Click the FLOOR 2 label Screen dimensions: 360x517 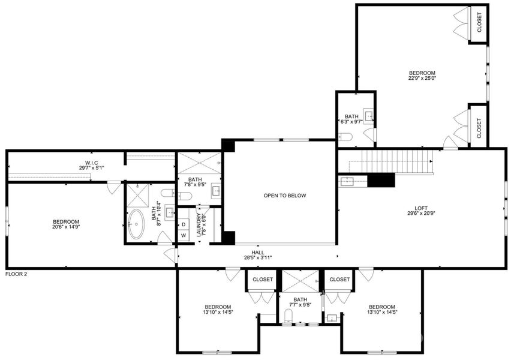click(16, 274)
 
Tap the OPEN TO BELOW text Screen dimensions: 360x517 click(285, 196)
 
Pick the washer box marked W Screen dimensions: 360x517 click(184, 235)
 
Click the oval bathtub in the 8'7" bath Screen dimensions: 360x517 click(137, 224)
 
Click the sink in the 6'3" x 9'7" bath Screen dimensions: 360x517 click(368, 116)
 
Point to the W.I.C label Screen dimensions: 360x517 click(91, 163)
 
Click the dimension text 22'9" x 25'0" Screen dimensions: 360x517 click(422, 77)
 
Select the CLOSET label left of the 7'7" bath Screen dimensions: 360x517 click(263, 280)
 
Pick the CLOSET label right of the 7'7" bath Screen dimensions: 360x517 click(339, 280)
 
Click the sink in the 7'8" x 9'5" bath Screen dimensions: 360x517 click(215, 193)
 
